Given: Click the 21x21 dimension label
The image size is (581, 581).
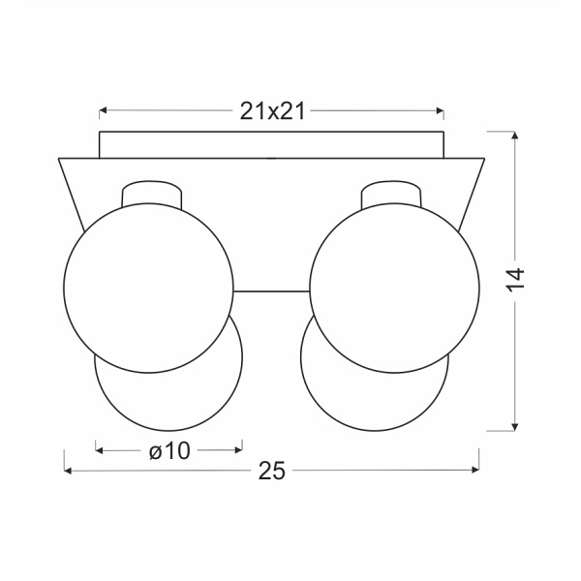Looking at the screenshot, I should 272,111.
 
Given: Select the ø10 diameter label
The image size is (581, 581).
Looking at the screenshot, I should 168,449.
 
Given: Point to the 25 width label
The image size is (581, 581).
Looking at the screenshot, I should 272,472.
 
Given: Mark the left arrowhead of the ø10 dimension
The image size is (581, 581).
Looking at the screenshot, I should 100,449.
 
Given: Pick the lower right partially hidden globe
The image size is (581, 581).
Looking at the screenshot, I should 378,397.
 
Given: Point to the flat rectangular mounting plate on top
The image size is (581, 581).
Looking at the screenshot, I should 272,143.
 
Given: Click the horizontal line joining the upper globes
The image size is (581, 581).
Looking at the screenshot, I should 272,290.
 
